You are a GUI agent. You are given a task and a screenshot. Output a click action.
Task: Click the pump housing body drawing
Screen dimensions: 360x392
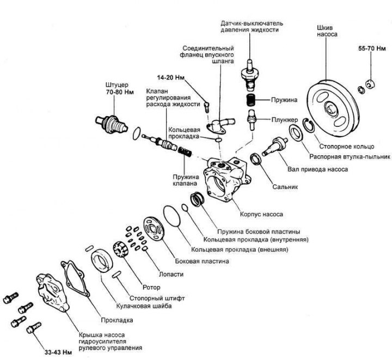pos(224,177)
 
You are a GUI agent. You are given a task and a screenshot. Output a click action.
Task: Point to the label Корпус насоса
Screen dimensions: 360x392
pos(261,214)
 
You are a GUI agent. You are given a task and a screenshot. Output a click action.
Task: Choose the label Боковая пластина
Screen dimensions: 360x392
pos(201,261)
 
